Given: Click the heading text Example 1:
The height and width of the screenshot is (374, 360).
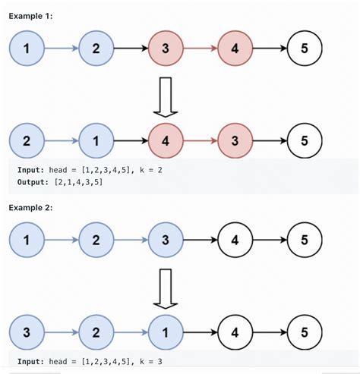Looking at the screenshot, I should tap(31, 16).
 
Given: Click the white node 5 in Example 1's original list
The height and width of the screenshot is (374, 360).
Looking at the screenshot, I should tap(303, 49).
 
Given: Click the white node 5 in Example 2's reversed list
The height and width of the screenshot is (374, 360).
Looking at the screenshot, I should tap(303, 332).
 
